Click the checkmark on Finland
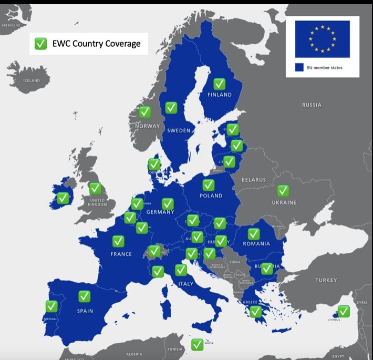point(220,84)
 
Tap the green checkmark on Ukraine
point(283,191)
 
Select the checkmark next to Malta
point(197,344)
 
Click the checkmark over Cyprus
point(344,311)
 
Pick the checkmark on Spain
point(84,296)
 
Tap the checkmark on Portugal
point(51,306)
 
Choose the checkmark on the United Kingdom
point(95,188)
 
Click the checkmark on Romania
point(254,234)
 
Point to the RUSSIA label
point(312,105)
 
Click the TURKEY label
point(326,280)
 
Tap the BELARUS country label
point(254,180)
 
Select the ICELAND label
point(31,81)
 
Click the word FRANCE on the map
point(121,254)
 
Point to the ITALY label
point(186,284)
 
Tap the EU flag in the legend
point(322,39)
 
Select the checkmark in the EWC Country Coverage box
point(40,44)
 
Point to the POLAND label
point(211,196)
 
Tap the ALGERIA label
point(134,354)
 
